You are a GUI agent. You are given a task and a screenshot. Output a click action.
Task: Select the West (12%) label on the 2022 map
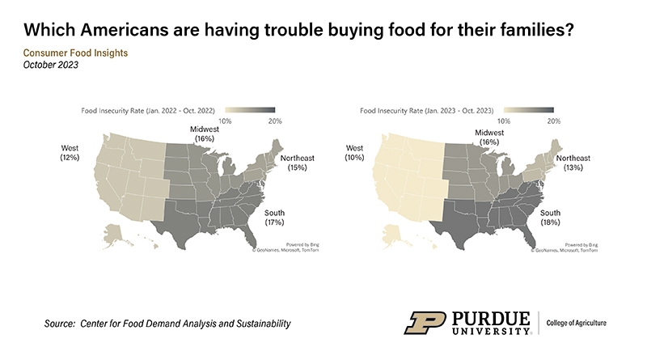[x=70, y=153]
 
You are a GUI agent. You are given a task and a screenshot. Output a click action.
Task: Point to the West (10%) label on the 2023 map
[x=354, y=153]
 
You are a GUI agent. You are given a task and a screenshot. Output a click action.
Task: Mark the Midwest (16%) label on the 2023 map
[x=489, y=137]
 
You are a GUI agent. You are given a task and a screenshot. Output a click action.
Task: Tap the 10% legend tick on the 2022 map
[x=227, y=121]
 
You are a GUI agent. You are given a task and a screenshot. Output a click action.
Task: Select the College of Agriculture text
[x=578, y=323]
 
